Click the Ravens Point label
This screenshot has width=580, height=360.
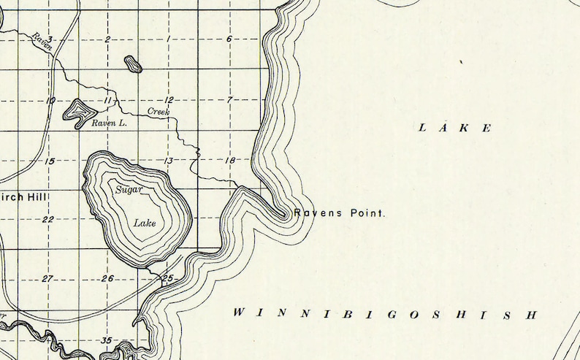(x=339, y=214)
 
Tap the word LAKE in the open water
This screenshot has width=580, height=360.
(x=455, y=129)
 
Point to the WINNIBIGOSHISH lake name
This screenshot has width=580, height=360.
(x=385, y=314)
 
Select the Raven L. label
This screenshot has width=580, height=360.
(x=110, y=124)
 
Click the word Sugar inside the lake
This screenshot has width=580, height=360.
(x=129, y=190)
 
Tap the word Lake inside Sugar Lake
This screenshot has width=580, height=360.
(x=145, y=222)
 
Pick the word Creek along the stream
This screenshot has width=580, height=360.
(x=159, y=112)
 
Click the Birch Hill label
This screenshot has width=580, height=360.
(x=21, y=197)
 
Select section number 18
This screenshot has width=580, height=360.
(x=229, y=160)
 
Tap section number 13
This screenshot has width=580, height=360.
(x=169, y=160)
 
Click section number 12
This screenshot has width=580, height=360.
(x=169, y=99)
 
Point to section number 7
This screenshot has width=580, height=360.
(x=229, y=99)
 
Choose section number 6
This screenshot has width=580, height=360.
(x=229, y=39)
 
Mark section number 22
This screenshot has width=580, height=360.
(x=48, y=219)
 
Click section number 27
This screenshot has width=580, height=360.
(x=48, y=278)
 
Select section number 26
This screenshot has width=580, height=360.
(x=108, y=278)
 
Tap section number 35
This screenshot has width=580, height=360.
(x=107, y=340)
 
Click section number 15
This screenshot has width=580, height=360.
(x=49, y=160)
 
